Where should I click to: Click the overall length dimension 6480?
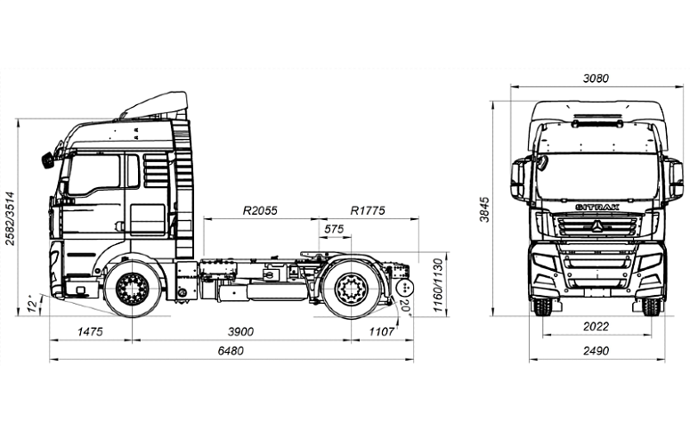(230, 351)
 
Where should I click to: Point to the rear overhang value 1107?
(380, 331)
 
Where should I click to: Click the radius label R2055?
(260, 211)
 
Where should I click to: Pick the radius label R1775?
(367, 211)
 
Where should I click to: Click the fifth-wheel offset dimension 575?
(334, 230)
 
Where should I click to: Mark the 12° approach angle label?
(33, 306)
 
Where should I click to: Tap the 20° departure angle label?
(406, 307)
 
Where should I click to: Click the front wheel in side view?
(132, 289)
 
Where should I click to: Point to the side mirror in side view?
(46, 160)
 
